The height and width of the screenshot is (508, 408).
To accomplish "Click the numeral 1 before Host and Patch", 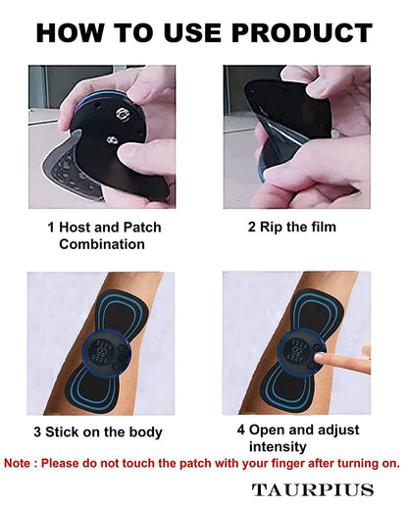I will tap(51, 228).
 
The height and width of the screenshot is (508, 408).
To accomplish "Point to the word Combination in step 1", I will tap(104, 244).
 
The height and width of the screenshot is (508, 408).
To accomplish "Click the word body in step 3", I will tap(143, 432).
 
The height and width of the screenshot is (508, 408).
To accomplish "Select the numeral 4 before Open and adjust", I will tap(241, 430).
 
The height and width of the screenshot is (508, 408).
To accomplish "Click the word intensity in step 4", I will tap(285, 446).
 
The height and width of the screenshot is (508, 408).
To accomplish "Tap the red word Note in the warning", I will tap(22, 462).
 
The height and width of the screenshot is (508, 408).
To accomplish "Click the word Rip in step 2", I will tap(270, 228).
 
